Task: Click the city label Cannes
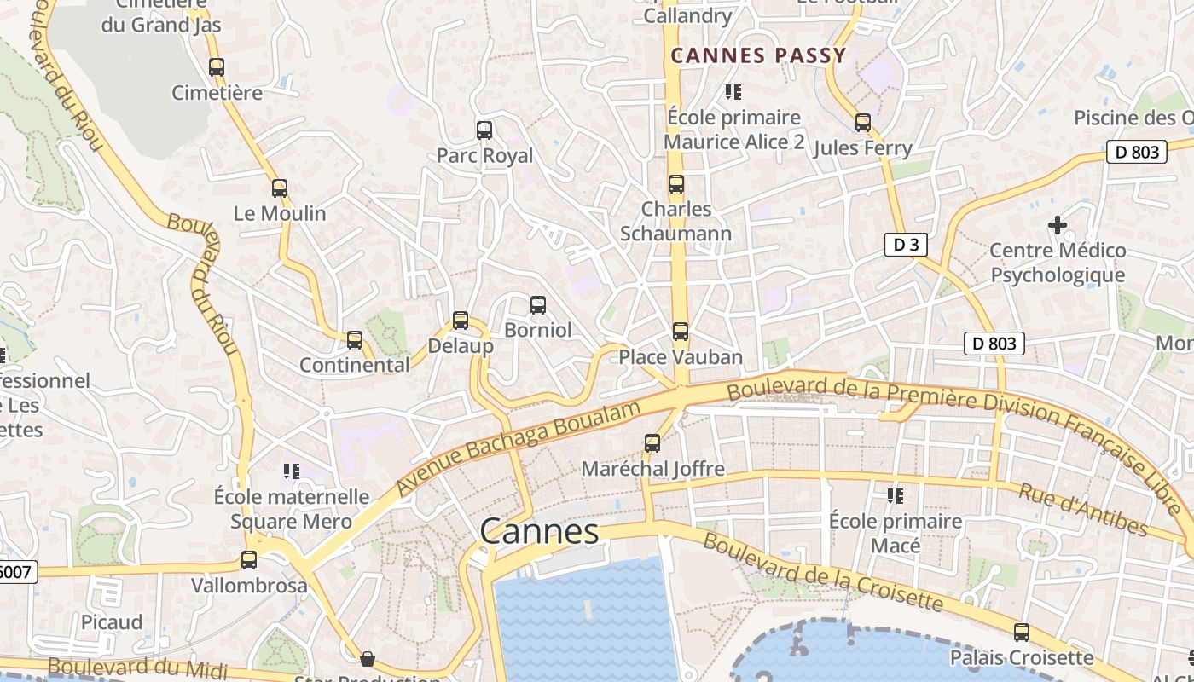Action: click(x=539, y=532)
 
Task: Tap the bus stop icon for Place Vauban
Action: click(x=680, y=332)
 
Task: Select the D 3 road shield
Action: click(x=905, y=246)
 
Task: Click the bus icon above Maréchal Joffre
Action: click(x=652, y=443)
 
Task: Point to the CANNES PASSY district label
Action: click(x=758, y=56)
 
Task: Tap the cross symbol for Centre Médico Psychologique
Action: click(x=1058, y=225)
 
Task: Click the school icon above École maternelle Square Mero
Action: click(x=292, y=471)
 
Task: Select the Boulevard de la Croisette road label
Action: click(x=823, y=573)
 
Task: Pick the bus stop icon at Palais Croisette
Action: click(x=1021, y=633)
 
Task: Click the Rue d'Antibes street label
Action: click(x=1083, y=511)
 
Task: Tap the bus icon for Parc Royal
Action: click(x=484, y=130)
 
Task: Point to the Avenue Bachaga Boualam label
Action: click(x=519, y=448)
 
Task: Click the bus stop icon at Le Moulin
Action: click(x=280, y=188)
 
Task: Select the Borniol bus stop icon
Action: click(x=538, y=304)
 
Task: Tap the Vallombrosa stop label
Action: click(x=249, y=586)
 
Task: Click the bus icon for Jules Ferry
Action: click(x=863, y=123)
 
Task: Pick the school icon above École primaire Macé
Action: click(x=895, y=495)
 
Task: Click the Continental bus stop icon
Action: click(x=355, y=340)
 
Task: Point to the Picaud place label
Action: click(x=112, y=622)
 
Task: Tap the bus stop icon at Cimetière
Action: click(x=217, y=67)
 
